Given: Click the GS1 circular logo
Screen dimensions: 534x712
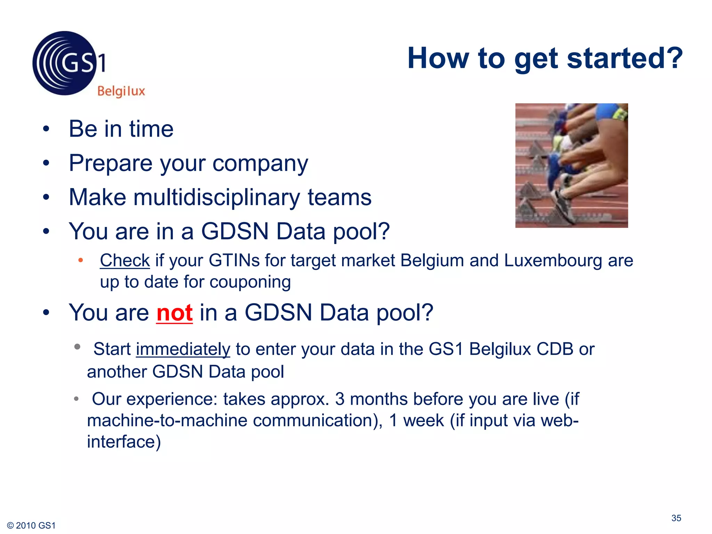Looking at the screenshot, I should pos(65,63).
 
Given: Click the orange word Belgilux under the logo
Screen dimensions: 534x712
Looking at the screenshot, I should pos(121,91).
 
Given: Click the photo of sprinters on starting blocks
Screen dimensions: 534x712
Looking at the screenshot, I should pos(571,165).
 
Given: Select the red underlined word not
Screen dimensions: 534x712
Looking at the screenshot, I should pos(174,313).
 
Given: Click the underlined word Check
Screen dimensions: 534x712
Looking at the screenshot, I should pos(125,260).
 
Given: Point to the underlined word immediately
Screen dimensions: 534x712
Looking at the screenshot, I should pos(183,349).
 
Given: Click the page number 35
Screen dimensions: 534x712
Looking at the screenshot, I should pos(676,518).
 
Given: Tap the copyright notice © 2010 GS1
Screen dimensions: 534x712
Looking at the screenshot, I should pos(31,525).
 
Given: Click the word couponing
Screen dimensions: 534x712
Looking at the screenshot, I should pos(250,282).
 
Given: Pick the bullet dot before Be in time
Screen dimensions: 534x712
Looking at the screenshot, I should pos(46,129).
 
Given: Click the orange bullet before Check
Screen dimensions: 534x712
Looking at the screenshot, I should pos(81,260).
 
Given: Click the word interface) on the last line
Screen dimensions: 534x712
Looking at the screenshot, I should pos(124,442).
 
